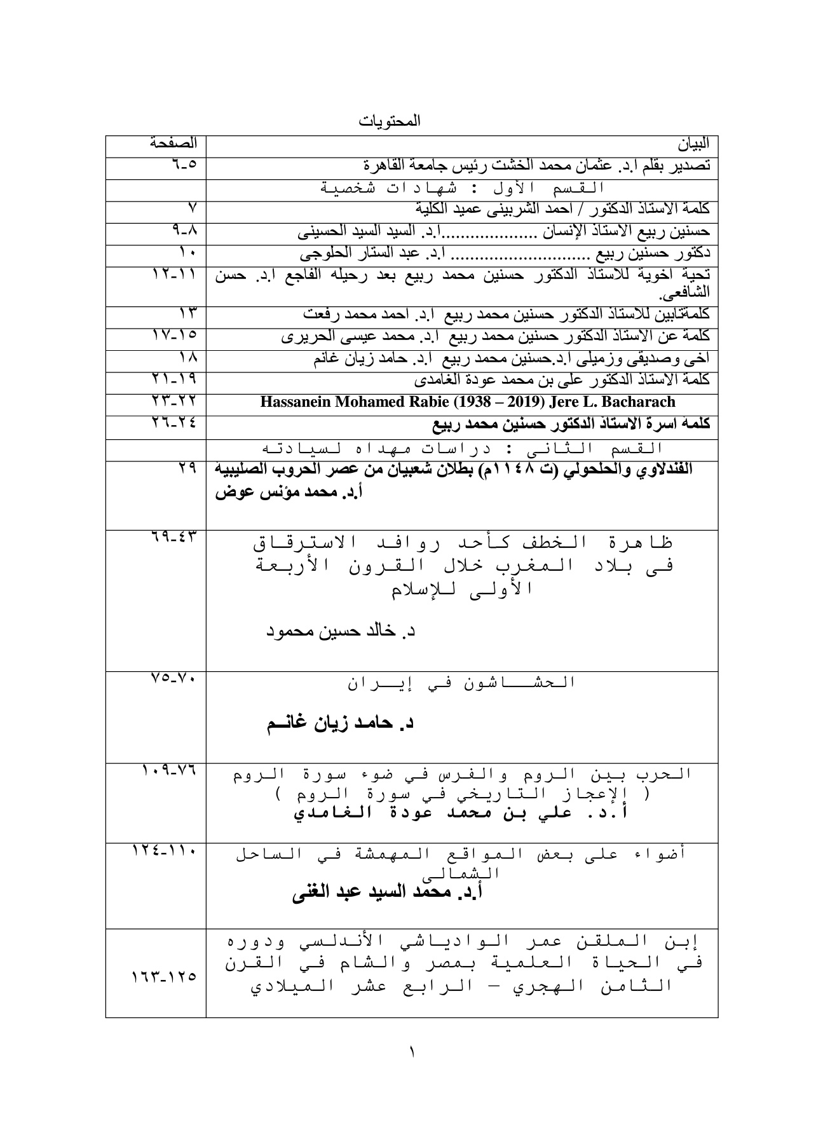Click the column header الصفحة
[173, 143]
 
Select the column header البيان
[694, 145]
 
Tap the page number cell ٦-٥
[184, 164]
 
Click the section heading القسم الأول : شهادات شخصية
[461, 189]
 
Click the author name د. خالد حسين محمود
[340, 632]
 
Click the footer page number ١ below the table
[411, 1054]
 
